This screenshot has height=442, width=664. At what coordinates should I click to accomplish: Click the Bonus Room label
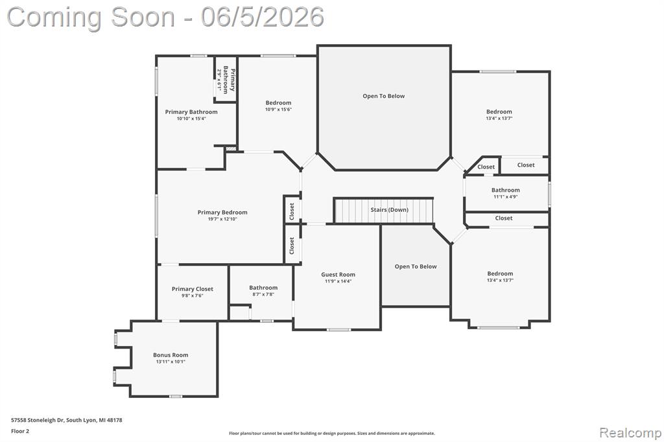pos(171,355)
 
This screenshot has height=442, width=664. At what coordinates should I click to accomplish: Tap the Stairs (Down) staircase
pos(384,211)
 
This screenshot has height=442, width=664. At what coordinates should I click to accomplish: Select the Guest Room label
pos(338,274)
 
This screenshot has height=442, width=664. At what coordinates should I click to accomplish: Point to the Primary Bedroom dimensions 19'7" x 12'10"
pos(222,219)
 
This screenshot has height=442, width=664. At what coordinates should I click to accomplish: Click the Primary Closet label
pos(192,289)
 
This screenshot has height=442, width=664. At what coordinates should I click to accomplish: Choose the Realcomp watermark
pos(630,433)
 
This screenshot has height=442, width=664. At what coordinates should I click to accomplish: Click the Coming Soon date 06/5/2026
pos(263,17)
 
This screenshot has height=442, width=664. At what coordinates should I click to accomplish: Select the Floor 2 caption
pos(20,432)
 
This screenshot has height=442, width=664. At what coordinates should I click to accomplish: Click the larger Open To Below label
pos(384,96)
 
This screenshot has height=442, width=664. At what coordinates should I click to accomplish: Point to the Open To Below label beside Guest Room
pos(416,266)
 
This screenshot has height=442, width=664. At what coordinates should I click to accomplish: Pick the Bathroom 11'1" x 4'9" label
pos(506,193)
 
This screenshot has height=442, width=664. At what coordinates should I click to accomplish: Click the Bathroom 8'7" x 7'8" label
pos(263,290)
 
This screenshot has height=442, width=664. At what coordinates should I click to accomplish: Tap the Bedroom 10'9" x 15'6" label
pos(278,106)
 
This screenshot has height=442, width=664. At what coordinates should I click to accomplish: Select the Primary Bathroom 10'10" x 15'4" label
pos(191,115)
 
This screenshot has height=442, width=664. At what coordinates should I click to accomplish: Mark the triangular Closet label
pos(486,167)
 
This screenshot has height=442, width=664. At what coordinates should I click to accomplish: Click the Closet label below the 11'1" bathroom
pos(503,218)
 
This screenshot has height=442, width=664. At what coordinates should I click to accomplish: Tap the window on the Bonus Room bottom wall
pos(176,396)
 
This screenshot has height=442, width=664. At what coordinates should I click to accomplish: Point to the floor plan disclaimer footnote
pos(331,433)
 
